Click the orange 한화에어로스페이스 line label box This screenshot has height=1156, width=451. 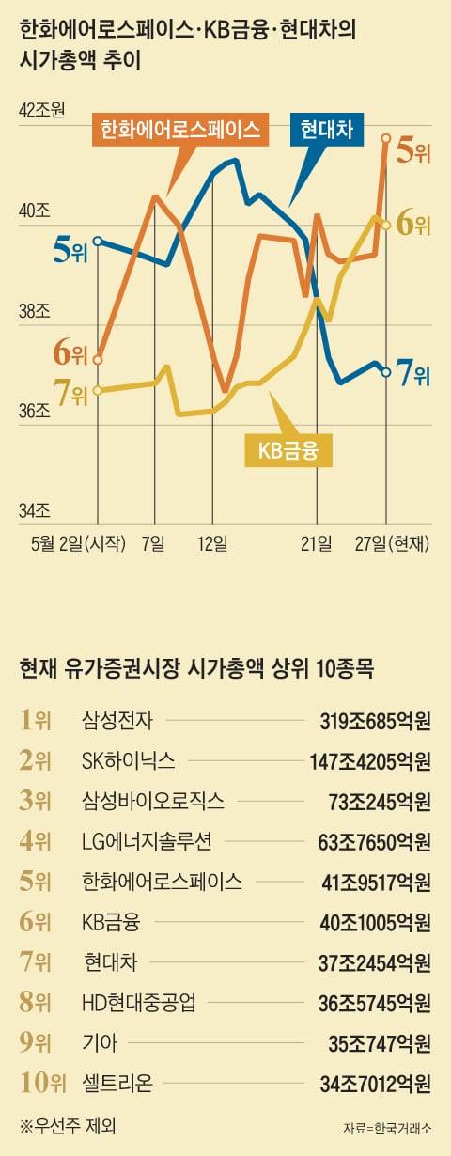pos(179,129)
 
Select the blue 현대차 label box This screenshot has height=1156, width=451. pos(326,129)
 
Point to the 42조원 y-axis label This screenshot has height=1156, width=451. pos(41,111)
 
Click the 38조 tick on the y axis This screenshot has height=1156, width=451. pos(34,311)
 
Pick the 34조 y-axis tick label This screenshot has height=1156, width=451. pos(34,511)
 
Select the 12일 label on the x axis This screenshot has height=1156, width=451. pos(212,543)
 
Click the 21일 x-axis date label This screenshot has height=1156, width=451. pos(317,543)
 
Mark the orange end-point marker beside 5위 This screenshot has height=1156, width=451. pos(386,138)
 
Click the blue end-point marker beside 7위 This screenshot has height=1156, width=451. pos(386,373)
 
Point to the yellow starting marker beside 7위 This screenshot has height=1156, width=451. pos(98,390)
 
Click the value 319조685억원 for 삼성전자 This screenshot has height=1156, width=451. pos(375,722)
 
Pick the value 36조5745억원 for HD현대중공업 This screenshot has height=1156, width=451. pos(374,1002)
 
